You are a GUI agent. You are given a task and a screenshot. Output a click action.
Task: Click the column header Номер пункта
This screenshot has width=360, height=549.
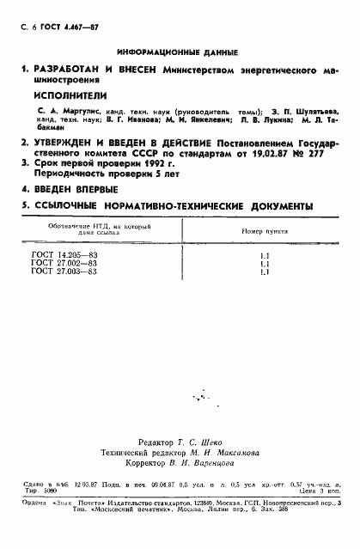[x=259, y=232]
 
